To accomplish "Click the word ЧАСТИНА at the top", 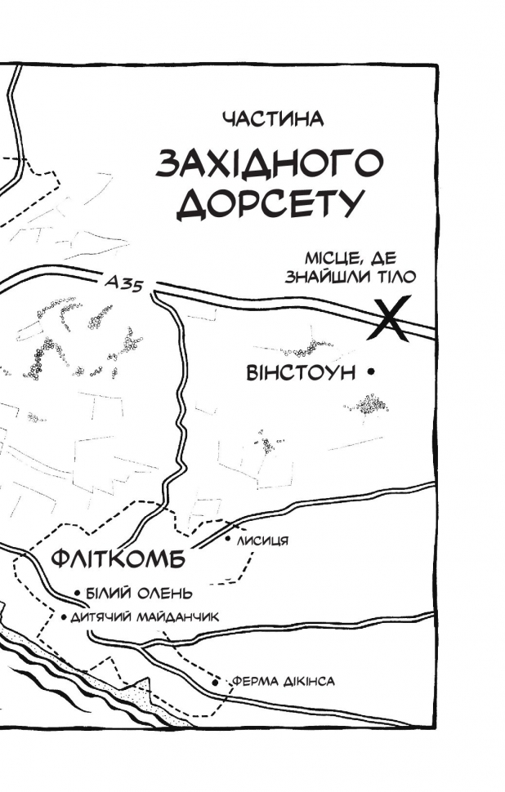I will pyautogui.click(x=273, y=119).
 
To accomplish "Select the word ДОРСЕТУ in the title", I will pyautogui.click(x=269, y=204).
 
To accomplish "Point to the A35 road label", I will pyautogui.click(x=125, y=283).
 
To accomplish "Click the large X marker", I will pyautogui.click(x=387, y=318).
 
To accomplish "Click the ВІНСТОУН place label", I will pyautogui.click(x=302, y=373).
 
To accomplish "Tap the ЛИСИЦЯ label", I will pyautogui.click(x=261, y=541).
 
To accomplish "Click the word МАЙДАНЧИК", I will pyautogui.click(x=177, y=617).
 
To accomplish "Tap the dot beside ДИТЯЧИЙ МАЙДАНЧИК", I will pyautogui.click(x=64, y=617).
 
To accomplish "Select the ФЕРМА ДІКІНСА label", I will pyautogui.click(x=284, y=681).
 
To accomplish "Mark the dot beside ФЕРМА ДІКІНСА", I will pyautogui.click(x=216, y=680).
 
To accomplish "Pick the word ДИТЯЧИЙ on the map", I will pyautogui.click(x=97, y=617).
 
